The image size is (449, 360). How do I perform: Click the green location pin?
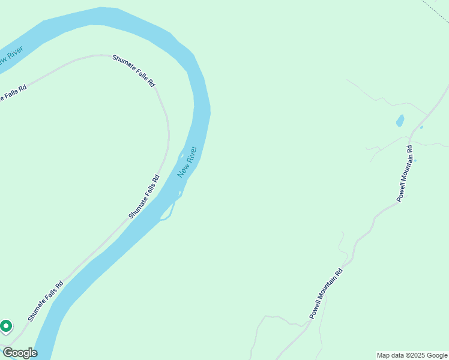point(6,326)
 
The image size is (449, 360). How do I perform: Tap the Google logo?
point(20,353)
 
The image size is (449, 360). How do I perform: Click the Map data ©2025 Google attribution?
point(412,355)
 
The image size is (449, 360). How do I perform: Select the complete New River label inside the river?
point(187,161)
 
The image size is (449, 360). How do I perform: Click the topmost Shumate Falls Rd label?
point(133,71)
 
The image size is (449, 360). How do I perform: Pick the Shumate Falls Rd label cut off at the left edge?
point(13,93)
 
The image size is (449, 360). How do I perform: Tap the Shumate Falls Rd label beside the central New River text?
point(144,196)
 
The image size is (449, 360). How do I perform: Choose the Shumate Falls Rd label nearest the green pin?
point(45,302)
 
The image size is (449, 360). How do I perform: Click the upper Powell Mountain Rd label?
point(405,173)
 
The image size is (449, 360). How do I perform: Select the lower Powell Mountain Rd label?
point(326,293)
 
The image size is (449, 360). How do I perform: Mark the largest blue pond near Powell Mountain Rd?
point(400,121)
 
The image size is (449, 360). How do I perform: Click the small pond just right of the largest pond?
point(421,127)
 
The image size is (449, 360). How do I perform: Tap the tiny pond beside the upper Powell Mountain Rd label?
point(415,160)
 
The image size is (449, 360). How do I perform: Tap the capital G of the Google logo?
point(8,352)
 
